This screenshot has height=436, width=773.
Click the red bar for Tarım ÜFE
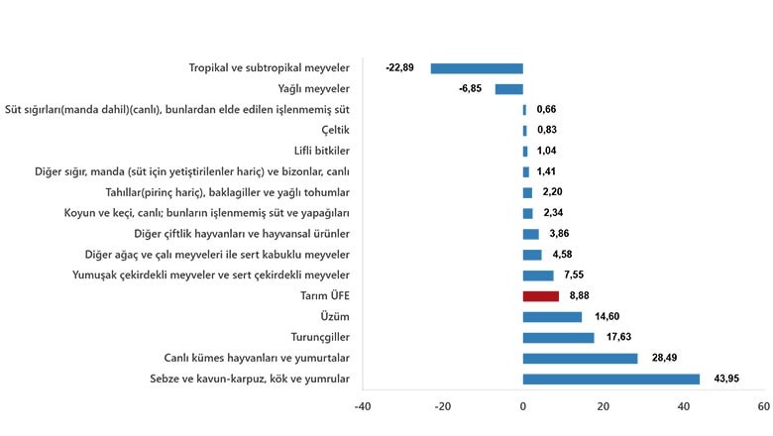tap(541, 296)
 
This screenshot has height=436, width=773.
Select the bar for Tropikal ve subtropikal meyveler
tap(477, 68)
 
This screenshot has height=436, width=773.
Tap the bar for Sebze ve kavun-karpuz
tap(611, 379)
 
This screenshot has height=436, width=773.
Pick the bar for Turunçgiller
tap(559, 338)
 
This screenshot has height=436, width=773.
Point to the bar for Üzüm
tap(552, 317)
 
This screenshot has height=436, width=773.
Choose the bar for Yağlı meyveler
tap(509, 89)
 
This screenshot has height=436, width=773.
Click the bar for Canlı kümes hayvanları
tap(580, 358)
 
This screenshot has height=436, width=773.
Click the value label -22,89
tap(399, 67)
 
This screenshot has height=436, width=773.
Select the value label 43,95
tap(726, 379)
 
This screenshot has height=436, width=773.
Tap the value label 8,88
tap(580, 295)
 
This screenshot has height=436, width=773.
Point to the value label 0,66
tap(546, 109)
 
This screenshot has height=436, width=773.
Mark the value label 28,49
tap(665, 358)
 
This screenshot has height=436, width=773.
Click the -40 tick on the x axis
tap(363, 406)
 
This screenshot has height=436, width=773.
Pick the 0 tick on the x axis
tap(523, 406)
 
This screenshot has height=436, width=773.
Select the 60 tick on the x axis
tap(764, 406)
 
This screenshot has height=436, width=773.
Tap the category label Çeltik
tap(335, 130)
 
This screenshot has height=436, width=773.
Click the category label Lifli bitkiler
tap(321, 151)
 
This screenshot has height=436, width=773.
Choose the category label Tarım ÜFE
tap(325, 295)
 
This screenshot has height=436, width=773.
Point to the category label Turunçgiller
tap(320, 338)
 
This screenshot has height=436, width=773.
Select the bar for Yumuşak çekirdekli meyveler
tap(538, 275)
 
